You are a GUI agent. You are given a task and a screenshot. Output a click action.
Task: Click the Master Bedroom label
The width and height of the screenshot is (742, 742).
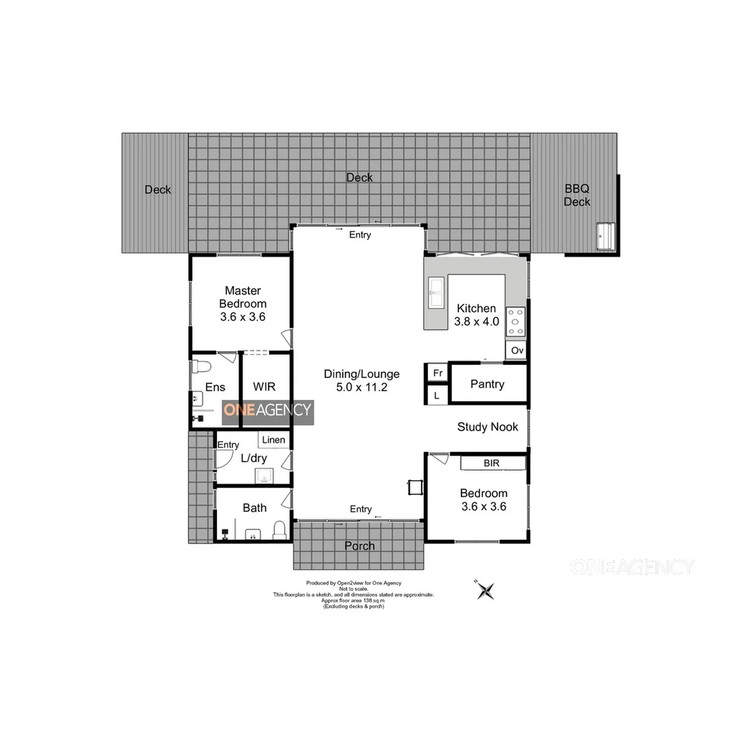click(x=243, y=304)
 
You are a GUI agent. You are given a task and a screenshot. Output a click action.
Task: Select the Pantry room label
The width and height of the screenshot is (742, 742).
click(x=487, y=384)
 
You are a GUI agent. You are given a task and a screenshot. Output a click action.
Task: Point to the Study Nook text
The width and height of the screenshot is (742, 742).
click(x=488, y=427)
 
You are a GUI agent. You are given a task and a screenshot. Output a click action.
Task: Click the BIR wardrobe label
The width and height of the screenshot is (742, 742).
click(x=491, y=464)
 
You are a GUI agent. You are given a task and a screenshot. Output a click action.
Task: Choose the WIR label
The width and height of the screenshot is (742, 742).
click(x=265, y=387)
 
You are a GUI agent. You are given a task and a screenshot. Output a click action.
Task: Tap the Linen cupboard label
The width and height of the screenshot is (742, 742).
click(x=273, y=440)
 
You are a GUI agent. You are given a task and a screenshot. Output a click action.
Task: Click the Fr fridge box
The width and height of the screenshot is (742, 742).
click(x=437, y=373)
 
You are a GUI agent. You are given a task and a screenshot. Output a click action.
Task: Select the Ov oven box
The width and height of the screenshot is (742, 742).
click(x=517, y=350)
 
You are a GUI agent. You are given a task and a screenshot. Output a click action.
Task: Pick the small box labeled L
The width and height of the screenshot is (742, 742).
click(x=436, y=396)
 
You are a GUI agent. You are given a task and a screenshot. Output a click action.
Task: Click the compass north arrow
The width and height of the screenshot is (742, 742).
click(x=486, y=589)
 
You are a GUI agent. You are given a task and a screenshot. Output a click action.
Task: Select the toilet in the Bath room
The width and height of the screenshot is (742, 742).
click(x=279, y=529)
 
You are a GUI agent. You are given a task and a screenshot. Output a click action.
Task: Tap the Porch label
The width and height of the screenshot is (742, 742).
click(x=359, y=546)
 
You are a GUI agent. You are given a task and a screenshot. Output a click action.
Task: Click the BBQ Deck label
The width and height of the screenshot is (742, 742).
click(x=577, y=194)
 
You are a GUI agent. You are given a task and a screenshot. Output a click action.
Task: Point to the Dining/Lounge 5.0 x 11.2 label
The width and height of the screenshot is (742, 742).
click(x=362, y=381)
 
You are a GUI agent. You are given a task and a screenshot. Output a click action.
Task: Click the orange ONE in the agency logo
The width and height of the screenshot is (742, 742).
click(x=239, y=410)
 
